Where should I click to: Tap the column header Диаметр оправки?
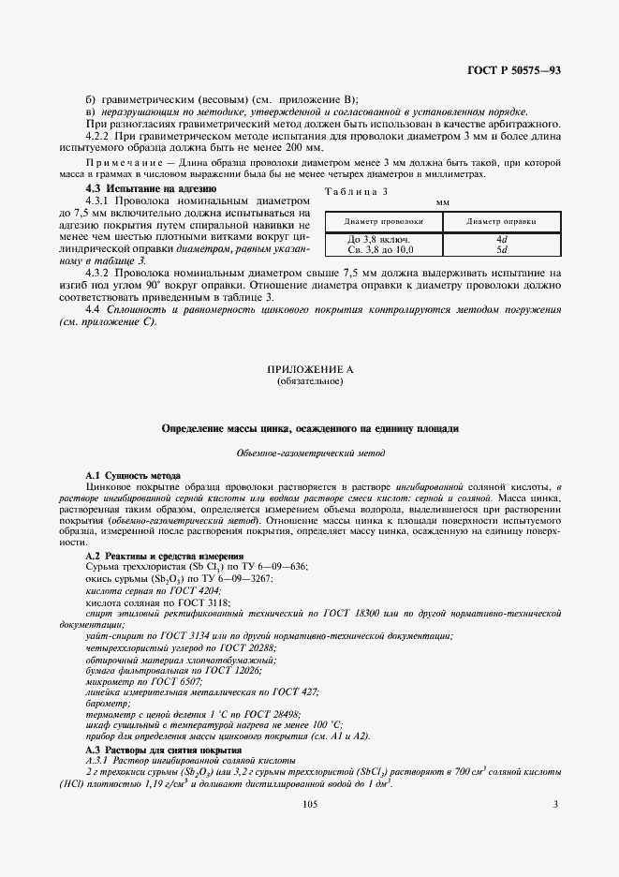pyautogui.click(x=501, y=221)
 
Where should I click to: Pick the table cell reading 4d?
pyautogui.click(x=501, y=239)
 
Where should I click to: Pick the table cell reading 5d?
pyautogui.click(x=501, y=249)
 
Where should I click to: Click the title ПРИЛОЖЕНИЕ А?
pyautogui.click(x=309, y=370)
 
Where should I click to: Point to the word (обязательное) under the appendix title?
pyautogui.click(x=309, y=381)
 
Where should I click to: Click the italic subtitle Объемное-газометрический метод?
pyautogui.click(x=309, y=453)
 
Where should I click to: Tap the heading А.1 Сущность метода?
pyautogui.click(x=133, y=476)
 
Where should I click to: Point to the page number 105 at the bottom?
pyautogui.click(x=310, y=804)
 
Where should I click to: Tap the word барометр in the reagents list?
pyautogui.click(x=110, y=704)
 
